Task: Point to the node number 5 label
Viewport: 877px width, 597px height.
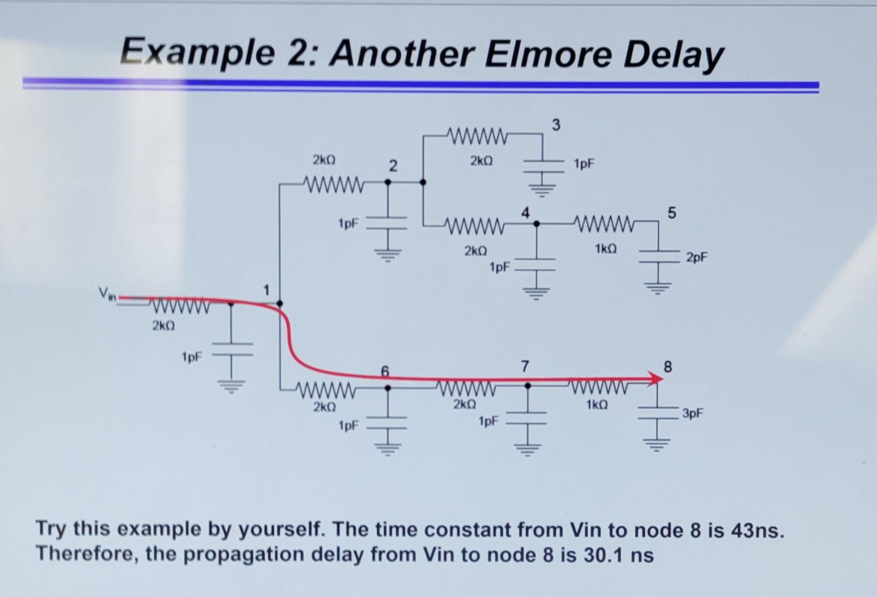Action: pos(671,213)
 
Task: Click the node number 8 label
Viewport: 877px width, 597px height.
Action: pos(668,366)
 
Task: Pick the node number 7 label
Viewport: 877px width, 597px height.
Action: pos(524,366)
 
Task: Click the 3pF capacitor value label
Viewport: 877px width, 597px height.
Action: pos(693,413)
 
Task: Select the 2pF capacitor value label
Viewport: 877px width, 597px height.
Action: pos(697,257)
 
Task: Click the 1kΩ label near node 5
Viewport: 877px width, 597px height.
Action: pos(606,249)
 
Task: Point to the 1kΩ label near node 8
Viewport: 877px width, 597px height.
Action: pos(597,405)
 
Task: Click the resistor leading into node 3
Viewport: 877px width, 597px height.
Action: pos(476,134)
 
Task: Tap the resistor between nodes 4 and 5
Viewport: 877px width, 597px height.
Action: pos(603,223)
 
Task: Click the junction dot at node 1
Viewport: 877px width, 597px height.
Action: pos(280,303)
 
